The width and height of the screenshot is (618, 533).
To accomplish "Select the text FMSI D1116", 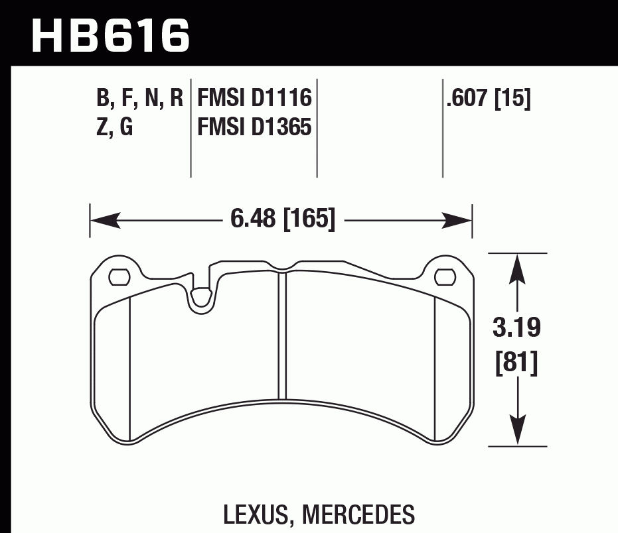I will [x=255, y=99].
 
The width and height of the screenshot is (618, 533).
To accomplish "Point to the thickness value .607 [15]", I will [x=489, y=99].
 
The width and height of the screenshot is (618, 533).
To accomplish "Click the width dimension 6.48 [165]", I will [x=282, y=219].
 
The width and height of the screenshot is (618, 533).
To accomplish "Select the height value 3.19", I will [x=517, y=328].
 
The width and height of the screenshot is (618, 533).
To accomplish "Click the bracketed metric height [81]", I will [x=517, y=363].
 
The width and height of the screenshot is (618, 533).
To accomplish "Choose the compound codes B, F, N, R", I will [x=139, y=99].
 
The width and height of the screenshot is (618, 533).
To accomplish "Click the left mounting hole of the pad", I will [x=119, y=276].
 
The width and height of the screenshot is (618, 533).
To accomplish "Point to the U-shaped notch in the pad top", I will [x=199, y=297].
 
